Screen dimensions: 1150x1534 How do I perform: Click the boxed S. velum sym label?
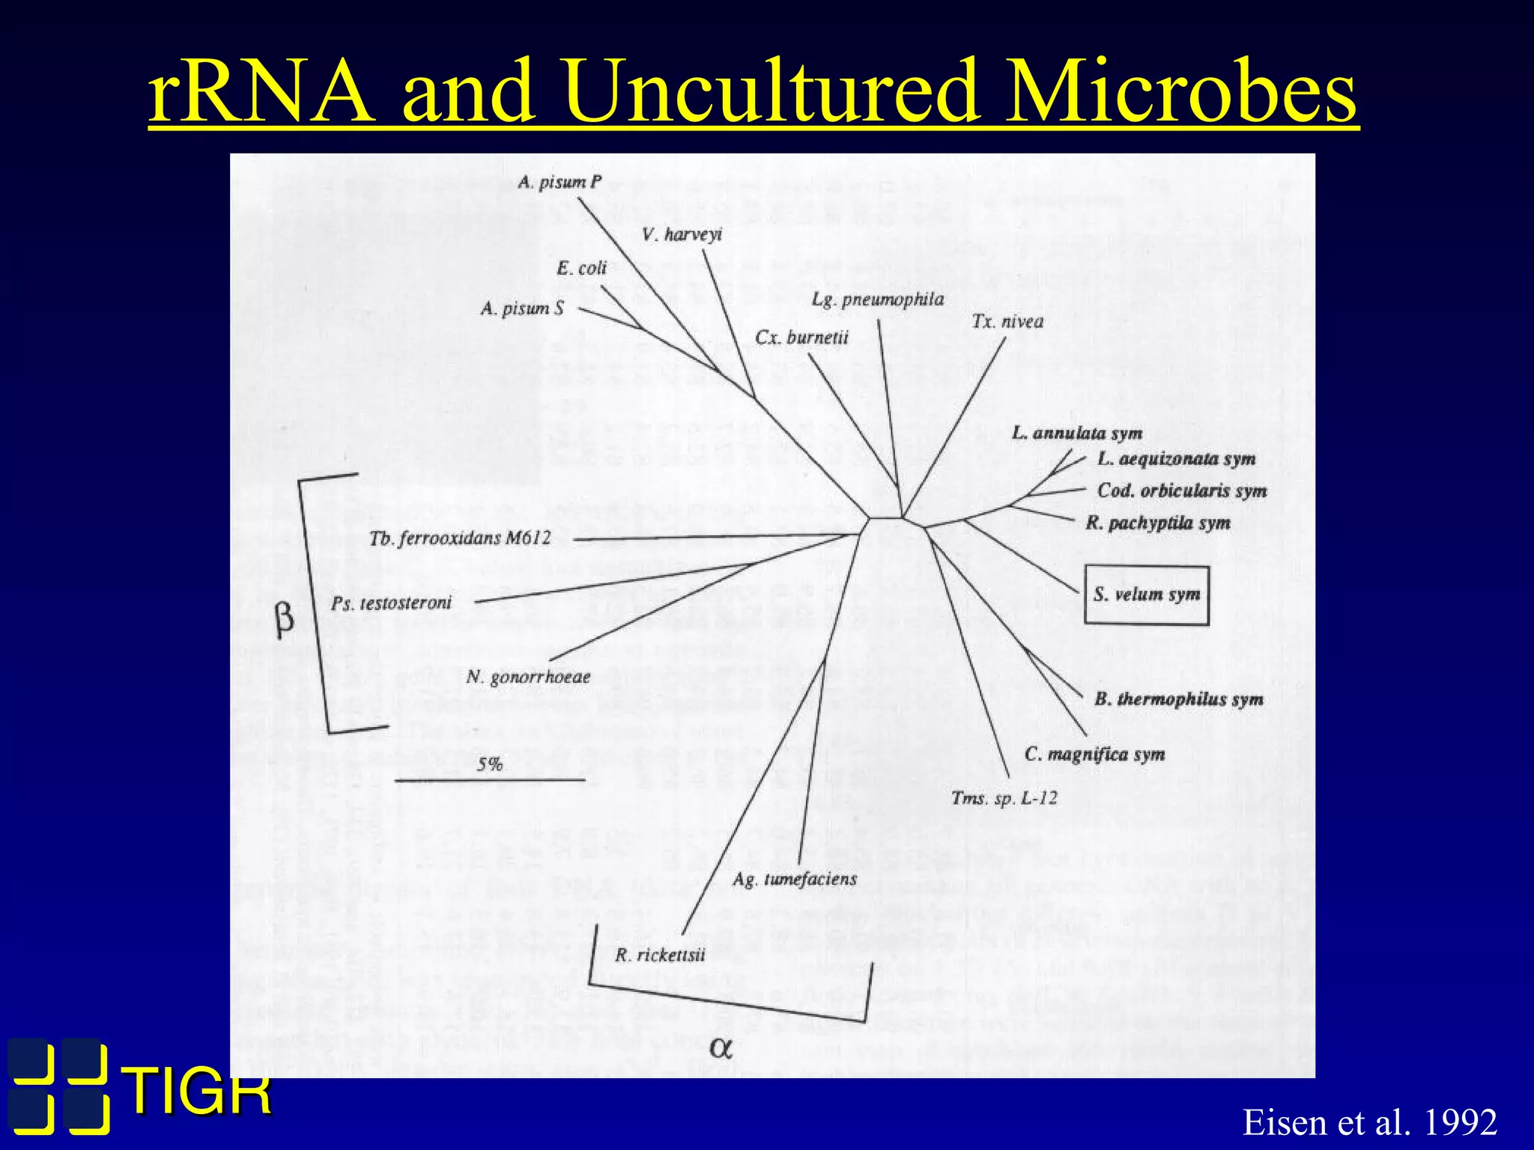pos(1146,595)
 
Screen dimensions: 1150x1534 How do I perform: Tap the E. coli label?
pos(581,268)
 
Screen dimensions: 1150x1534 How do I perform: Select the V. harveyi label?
pos(682,235)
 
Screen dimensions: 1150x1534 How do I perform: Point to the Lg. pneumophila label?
pos(878,300)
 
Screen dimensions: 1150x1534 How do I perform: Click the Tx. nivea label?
pos(1007,322)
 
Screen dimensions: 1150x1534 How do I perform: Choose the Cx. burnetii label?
pos(801,338)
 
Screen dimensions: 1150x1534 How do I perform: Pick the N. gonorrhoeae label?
pos(528,678)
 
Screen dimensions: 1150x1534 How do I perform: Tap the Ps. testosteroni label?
pos(391,603)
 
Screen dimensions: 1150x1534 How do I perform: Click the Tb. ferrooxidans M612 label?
pos(460,538)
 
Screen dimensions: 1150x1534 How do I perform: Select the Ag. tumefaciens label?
pos(795,879)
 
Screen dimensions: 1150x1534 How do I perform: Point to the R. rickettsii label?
pos(660,955)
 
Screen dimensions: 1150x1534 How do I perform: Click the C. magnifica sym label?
pos(1094,754)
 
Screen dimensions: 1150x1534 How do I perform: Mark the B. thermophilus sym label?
pos(1179,699)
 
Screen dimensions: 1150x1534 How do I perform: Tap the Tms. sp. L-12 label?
pos(1004,798)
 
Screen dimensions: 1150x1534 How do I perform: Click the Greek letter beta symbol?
pos(285,620)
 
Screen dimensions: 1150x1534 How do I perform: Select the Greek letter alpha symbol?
pos(721,1048)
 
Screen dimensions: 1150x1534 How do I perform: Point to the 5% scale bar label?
pos(490,764)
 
